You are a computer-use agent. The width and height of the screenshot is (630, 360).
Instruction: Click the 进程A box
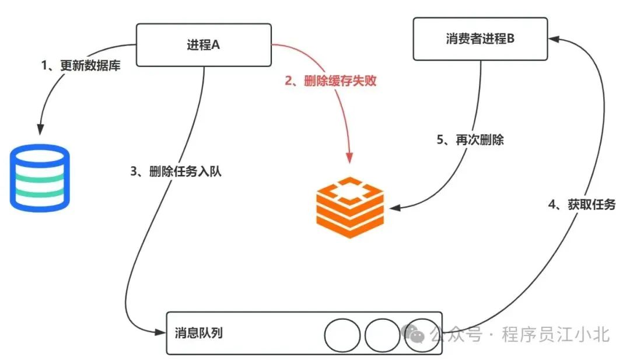[x=204, y=45]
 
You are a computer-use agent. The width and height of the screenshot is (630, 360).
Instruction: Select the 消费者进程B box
[x=480, y=39]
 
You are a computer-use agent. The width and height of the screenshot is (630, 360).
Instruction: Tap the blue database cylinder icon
[x=40, y=177]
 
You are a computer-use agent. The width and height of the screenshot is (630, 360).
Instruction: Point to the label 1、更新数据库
[x=81, y=65]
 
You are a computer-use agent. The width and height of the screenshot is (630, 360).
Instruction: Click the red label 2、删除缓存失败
[x=331, y=81]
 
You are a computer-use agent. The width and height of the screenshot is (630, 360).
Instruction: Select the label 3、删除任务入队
[x=176, y=172]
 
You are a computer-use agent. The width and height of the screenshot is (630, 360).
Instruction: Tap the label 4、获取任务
[x=582, y=204]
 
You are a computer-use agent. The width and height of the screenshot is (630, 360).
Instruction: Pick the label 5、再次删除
[x=471, y=140]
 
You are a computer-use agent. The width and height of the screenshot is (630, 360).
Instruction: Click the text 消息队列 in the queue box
[x=198, y=333]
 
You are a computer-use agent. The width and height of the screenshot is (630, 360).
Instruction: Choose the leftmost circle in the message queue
[x=342, y=335]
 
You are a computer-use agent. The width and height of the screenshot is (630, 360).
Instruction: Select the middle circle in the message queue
[x=382, y=335]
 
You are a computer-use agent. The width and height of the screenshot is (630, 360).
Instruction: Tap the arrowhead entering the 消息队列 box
[x=162, y=333]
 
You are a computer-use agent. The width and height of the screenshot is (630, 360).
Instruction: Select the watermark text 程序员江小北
[x=556, y=334]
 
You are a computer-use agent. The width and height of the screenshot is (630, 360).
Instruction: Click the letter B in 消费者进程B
[x=510, y=39]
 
